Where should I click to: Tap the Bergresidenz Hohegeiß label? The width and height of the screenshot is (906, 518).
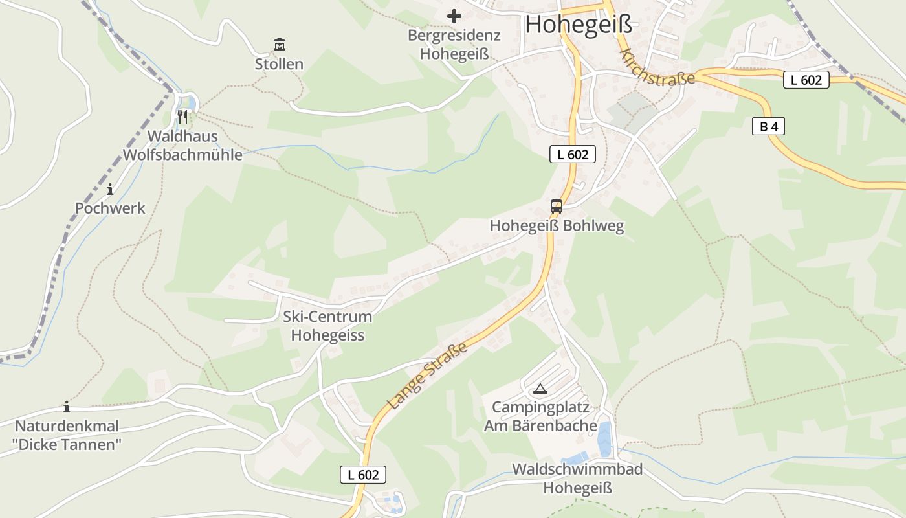coord(454,44)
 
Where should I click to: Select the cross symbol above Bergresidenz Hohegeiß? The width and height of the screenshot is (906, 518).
coord(454,16)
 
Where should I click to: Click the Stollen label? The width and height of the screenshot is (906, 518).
coord(279,64)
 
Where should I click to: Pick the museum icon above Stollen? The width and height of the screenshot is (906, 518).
coord(279,45)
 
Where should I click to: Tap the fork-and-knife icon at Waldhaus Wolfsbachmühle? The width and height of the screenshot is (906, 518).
coord(182,117)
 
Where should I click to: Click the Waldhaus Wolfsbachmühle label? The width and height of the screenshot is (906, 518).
coord(182,146)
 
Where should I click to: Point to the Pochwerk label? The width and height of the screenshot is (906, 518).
coord(110,208)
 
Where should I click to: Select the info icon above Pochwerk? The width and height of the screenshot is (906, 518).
coord(110,189)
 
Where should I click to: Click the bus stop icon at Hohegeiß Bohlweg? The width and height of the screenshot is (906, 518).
coord(556,207)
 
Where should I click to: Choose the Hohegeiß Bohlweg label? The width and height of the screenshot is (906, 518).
coord(557,226)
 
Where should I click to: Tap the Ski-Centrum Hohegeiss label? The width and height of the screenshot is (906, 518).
coord(327,326)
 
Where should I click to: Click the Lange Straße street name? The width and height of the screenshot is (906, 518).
coord(428,377)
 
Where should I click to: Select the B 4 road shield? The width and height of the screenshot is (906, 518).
coord(768,127)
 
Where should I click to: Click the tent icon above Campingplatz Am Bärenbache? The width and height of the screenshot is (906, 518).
coord(540,389)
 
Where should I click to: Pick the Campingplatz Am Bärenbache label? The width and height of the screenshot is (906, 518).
coord(540,416)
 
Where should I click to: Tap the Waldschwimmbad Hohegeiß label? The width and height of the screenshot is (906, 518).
coord(577,479)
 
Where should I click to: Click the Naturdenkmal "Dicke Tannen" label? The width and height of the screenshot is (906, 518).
coord(67,435)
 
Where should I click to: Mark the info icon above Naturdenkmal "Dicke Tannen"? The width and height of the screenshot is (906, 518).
coord(66,407)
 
